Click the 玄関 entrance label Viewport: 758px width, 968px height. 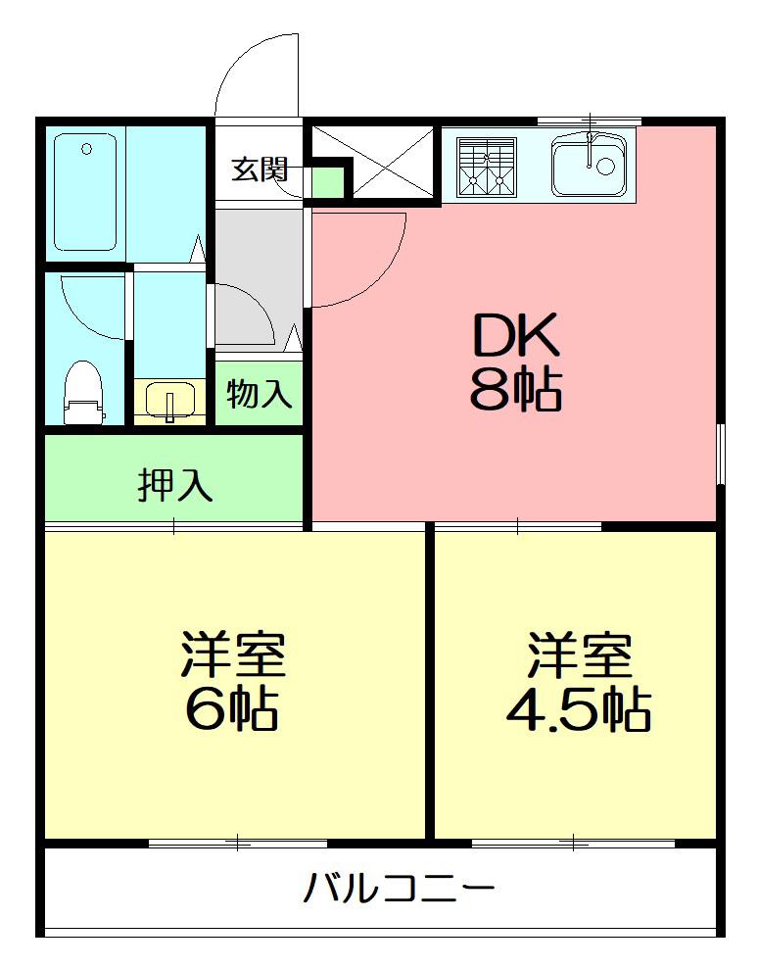pos(260,169)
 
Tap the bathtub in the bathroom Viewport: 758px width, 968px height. pos(85,192)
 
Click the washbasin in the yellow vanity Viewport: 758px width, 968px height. pos(171,401)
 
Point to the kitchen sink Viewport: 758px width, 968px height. pos(590,165)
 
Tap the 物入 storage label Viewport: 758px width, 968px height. pos(259,394)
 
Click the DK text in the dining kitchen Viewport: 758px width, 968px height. pos(516,335)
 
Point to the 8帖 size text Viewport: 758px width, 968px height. pos(516,389)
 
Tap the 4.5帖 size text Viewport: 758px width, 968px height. pos(579,710)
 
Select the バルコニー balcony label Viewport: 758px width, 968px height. pos(399,889)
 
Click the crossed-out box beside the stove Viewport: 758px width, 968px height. pos(373,162)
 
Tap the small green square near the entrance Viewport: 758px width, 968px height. pos(326,183)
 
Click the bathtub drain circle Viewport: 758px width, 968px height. pos(86,149)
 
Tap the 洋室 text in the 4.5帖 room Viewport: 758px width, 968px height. pos(580,654)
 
